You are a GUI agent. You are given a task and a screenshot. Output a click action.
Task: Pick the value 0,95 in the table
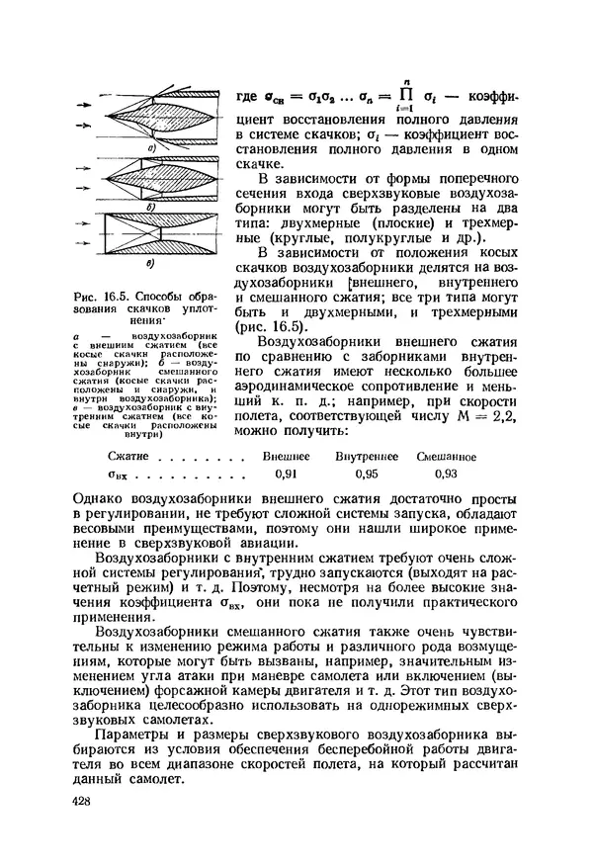(367, 474)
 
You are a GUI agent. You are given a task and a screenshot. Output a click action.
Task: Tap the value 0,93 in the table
(446, 474)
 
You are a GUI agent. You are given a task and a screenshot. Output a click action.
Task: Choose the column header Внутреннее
(366, 457)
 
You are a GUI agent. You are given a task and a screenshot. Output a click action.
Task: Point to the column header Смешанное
(447, 457)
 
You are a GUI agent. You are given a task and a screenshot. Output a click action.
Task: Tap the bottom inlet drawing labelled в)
(156, 245)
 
